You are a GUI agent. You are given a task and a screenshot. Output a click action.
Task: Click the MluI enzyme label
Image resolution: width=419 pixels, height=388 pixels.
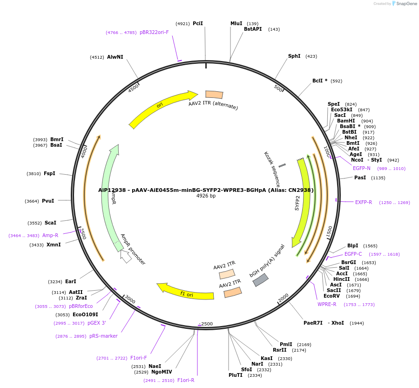coord(237,23)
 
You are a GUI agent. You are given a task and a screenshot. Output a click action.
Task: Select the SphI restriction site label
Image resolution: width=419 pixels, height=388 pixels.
coord(294,56)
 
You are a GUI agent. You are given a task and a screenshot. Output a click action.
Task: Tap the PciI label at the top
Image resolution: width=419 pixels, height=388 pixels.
coord(198,23)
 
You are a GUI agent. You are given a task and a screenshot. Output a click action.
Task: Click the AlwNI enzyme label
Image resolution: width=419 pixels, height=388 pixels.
coord(115,57)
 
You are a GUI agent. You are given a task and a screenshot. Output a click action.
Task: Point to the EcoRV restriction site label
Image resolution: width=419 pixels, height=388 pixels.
coord(331,296)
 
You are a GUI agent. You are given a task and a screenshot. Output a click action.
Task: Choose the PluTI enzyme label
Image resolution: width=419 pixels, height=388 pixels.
coord(236,375)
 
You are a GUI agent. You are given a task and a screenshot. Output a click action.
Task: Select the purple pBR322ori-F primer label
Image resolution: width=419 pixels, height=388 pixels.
coord(154,33)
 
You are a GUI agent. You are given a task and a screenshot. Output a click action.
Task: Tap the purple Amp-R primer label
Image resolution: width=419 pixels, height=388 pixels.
coord(50,236)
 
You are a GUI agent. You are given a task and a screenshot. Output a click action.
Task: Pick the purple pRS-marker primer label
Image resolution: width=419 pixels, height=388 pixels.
coord(103,336)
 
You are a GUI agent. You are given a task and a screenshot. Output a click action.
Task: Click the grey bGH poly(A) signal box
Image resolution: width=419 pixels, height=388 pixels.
coord(260,280)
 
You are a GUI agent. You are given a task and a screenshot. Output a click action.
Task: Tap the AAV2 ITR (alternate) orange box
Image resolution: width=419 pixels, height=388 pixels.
coord(214,95)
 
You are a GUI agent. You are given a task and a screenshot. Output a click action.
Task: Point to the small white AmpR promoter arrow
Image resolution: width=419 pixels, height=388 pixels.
coord(126,257)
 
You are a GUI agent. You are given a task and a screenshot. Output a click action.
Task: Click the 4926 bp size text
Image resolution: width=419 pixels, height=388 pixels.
coord(206,196)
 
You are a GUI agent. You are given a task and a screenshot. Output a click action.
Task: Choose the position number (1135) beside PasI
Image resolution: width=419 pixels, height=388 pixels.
coord(378,178)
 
